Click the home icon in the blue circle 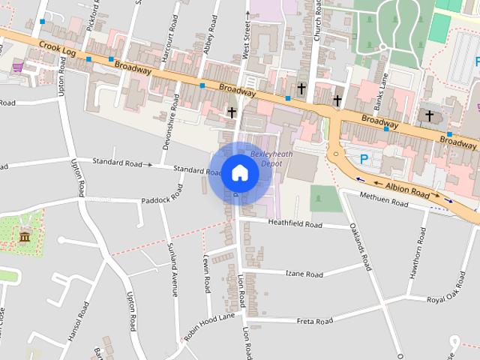pos(239,173)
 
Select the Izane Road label pos(304,274)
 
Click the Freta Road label pos(314,321)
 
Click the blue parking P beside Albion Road pos(364,159)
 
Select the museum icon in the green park pos(24,238)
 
